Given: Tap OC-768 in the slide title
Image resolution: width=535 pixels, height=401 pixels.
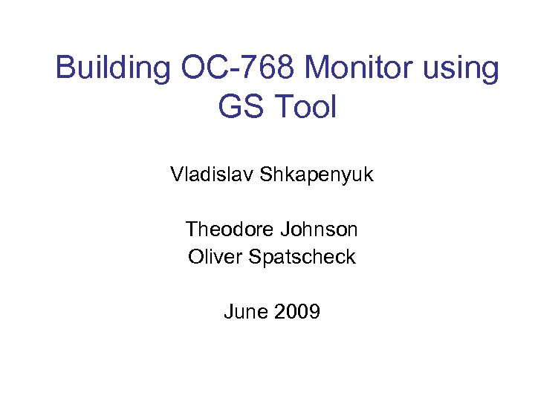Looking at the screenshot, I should [239, 68].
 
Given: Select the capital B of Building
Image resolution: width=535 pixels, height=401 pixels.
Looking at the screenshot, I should [65, 68].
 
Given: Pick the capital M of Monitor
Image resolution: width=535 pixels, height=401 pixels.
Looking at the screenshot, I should [318, 68].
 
